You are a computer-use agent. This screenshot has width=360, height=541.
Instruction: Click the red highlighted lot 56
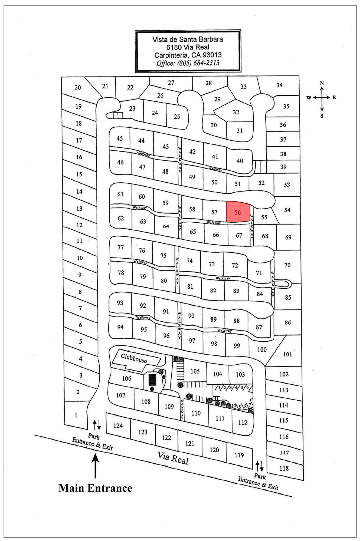click(238, 212)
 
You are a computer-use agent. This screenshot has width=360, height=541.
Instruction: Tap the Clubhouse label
click(134, 358)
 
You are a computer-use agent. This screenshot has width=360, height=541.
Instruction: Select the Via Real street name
click(173, 458)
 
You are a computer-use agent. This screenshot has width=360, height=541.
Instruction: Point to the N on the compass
click(322, 83)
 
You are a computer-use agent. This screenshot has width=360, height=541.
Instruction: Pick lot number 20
click(78, 87)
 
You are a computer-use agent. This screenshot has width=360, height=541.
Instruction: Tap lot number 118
click(284, 468)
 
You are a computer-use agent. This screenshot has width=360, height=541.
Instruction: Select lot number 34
click(279, 85)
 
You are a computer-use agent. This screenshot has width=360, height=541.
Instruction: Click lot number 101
click(287, 354)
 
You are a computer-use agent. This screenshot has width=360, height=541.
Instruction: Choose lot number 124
click(118, 425)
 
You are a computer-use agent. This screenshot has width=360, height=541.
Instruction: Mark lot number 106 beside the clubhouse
click(127, 378)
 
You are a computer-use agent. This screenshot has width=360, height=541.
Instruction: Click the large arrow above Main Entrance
click(95, 466)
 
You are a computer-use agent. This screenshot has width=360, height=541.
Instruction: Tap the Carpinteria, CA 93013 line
click(188, 55)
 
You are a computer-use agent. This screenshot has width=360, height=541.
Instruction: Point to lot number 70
click(287, 265)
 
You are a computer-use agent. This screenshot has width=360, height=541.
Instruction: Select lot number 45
click(120, 138)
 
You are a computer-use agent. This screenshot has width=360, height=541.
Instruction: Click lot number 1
click(76, 415)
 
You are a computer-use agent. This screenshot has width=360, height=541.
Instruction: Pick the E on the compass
click(334, 98)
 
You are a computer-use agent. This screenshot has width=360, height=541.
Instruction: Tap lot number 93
click(120, 303)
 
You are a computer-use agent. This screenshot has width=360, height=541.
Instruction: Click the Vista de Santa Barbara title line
click(188, 39)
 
